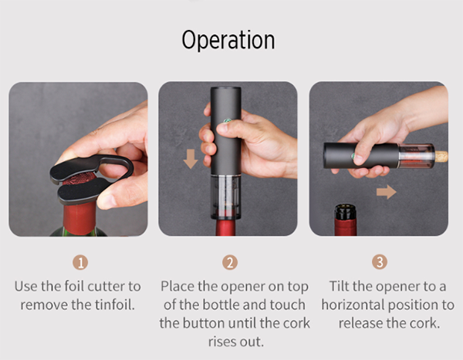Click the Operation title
point(228,39)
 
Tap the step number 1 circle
point(80,262)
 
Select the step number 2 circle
point(230,262)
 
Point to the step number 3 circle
point(380,261)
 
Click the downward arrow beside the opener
point(191,159)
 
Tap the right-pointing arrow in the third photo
point(387,192)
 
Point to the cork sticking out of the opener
point(441,156)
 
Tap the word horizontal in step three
point(353,304)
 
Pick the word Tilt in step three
point(339,286)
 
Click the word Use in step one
point(26,286)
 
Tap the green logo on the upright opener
point(228,120)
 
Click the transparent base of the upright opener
point(225,197)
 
